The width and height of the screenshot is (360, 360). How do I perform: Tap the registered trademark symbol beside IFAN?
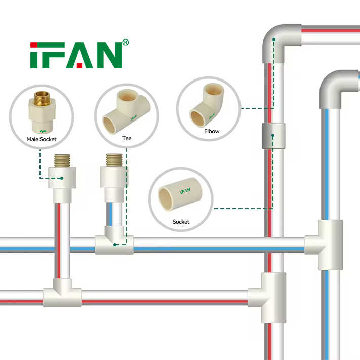click(x=126, y=43)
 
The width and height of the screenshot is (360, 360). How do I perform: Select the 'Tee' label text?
click(x=126, y=137)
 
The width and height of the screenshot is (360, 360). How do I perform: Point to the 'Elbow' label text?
click(x=212, y=131)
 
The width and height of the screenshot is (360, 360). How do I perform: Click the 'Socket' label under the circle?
click(x=181, y=222)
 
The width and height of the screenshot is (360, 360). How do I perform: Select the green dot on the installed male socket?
click(x=62, y=178)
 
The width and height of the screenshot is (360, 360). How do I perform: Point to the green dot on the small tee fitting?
click(x=116, y=244)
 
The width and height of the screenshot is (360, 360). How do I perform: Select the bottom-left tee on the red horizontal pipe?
click(x=62, y=297)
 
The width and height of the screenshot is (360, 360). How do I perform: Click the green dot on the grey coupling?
click(x=273, y=135)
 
